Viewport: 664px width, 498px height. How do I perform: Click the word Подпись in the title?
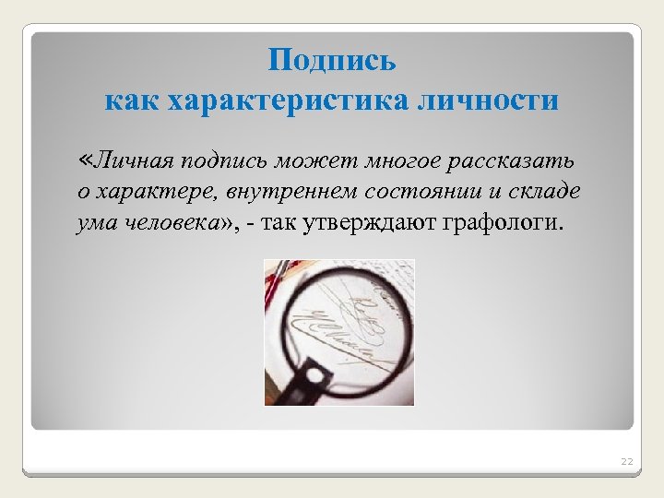(332, 62)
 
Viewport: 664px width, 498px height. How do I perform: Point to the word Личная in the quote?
(136, 161)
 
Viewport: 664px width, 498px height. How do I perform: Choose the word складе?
(546, 191)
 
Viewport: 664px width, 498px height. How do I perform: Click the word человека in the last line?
(169, 221)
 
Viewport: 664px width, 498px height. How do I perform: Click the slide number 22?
(627, 460)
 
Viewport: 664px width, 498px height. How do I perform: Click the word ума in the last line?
(94, 222)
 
